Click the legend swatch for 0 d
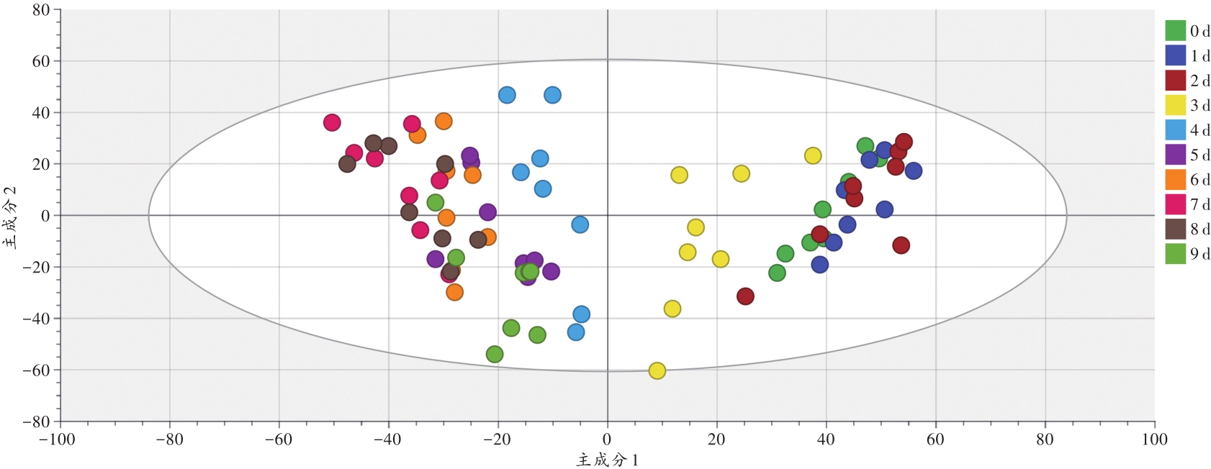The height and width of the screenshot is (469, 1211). tap(1175, 30)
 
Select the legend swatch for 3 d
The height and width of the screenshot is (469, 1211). tap(1175, 105)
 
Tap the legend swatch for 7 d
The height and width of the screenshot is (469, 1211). tap(1175, 204)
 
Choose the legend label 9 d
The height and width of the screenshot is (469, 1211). tap(1199, 254)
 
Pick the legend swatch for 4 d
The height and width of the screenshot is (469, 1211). tap(1175, 130)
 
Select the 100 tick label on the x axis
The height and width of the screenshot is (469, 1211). tap(1154, 440)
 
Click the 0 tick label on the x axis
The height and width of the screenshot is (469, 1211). tap(607, 440)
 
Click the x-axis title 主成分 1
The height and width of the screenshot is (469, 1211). tap(607, 460)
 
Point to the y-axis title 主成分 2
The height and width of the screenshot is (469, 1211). tap(11, 216)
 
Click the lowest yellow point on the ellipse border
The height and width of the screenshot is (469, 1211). tap(657, 371)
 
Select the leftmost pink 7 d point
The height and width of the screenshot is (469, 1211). tap(332, 122)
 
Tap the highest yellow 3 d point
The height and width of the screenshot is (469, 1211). tap(813, 155)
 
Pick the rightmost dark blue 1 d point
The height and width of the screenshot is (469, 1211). tap(914, 170)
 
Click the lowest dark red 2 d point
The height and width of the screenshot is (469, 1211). tap(745, 296)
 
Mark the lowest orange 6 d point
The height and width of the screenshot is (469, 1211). tap(454, 292)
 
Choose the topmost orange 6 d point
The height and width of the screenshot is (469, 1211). tap(444, 121)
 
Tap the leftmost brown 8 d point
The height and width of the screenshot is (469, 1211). tap(347, 164)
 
